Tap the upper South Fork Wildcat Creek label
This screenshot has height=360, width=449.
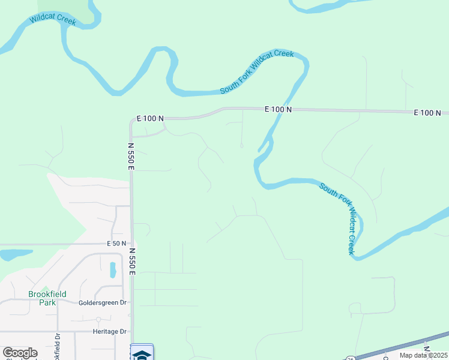pyautogui.click(x=256, y=71)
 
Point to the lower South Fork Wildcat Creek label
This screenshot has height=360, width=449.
pyautogui.click(x=345, y=218)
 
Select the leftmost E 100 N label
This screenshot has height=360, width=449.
pyautogui.click(x=151, y=119)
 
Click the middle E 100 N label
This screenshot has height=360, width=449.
pyautogui.click(x=278, y=109)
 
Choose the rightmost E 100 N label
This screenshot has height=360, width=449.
pyautogui.click(x=427, y=113)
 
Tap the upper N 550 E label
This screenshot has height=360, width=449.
pyautogui.click(x=131, y=156)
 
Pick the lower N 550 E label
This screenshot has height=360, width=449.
pyautogui.click(x=131, y=262)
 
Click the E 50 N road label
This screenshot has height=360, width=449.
pyautogui.click(x=116, y=244)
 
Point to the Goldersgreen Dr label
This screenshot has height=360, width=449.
pyautogui.click(x=103, y=303)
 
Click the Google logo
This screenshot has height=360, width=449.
pyautogui.click(x=20, y=353)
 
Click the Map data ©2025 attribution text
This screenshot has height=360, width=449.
pyautogui.click(x=424, y=355)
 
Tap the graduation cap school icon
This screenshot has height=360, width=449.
pyautogui.click(x=142, y=355)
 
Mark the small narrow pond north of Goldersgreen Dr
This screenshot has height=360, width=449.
pyautogui.click(x=113, y=270)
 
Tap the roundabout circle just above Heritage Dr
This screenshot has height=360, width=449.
pyautogui.click(x=98, y=320)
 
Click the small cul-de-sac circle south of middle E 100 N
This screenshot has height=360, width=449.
pyautogui.click(x=242, y=145)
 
